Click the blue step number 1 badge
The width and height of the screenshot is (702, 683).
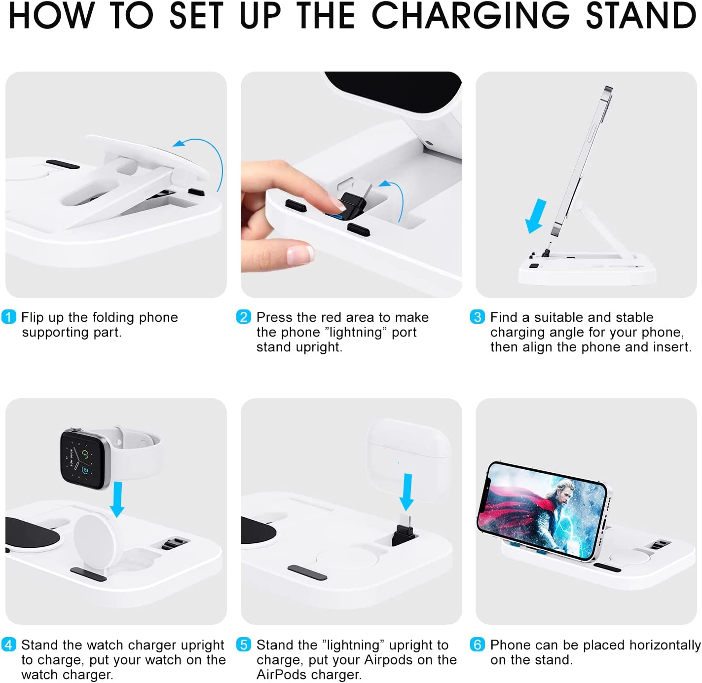[9, 317]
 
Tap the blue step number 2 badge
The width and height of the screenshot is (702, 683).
[244, 317]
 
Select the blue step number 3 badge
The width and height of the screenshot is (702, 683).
[477, 317]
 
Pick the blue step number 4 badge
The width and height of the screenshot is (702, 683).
[9, 644]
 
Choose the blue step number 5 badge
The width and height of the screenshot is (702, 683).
[244, 644]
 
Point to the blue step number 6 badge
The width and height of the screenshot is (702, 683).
[477, 644]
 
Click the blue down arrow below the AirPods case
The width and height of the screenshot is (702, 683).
[407, 492]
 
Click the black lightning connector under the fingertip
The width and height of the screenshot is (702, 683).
[353, 206]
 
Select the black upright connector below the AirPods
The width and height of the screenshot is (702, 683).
[404, 531]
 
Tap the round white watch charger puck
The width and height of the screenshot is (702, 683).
[95, 537]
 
